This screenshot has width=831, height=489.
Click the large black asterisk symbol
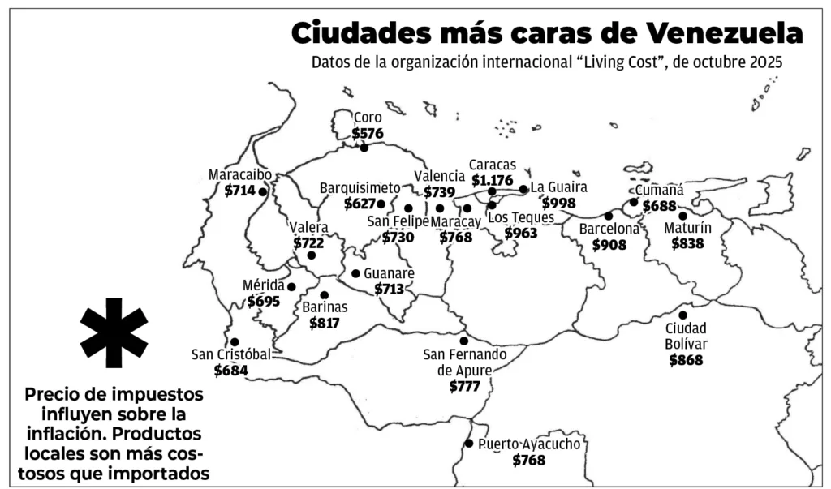[114, 332]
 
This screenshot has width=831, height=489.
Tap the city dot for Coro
[364, 147]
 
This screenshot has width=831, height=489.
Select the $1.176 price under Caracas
[493, 179]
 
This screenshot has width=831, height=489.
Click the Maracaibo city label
[239, 175]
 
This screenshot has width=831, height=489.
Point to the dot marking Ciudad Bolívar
[683, 315]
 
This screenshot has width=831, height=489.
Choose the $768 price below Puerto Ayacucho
[528, 460]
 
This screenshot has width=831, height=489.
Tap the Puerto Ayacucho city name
[529, 444]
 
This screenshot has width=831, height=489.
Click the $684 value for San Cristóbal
[231, 370]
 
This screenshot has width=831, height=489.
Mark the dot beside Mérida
[291, 286]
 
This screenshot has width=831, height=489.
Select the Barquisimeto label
[360, 187]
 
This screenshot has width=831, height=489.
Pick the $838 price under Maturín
[688, 242]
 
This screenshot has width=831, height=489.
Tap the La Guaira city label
[558, 187]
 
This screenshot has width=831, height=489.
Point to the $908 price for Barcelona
[609, 244]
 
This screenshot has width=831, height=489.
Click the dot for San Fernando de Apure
[464, 341]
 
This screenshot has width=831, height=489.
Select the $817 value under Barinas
[325, 322]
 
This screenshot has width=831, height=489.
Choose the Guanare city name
[389, 273]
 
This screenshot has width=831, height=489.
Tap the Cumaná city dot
[634, 202]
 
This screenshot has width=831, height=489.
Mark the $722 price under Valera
[308, 242]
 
